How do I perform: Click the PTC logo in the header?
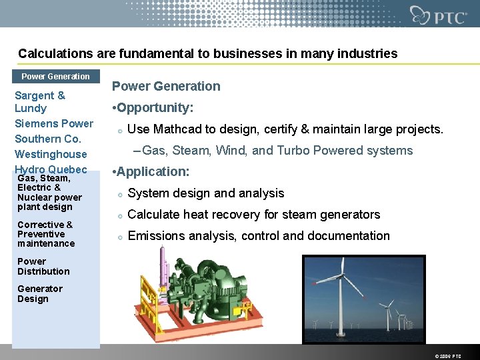click(438, 15)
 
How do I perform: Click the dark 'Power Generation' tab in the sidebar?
click(55, 76)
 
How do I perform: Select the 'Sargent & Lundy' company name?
click(40, 102)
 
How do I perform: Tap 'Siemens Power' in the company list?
click(54, 123)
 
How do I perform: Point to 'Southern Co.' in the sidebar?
click(48, 139)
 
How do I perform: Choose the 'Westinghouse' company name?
click(51, 154)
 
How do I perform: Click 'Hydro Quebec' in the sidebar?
click(51, 169)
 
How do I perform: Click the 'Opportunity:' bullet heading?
click(156, 107)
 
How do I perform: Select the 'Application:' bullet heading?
click(154, 171)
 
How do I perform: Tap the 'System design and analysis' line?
click(205, 193)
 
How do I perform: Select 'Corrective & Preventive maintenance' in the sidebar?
click(45, 234)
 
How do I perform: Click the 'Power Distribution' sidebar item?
click(43, 266)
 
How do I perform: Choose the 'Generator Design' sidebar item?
click(40, 293)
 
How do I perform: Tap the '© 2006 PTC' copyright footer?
click(447, 356)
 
